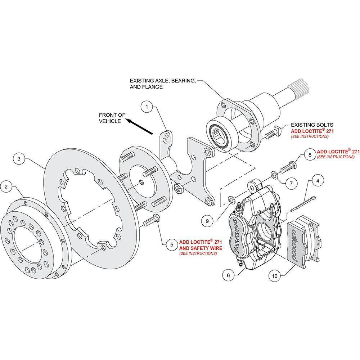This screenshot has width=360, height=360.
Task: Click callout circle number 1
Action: click(147, 107)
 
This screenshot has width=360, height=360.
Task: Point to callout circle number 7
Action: click(291, 183)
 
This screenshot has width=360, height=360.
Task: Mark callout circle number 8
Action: click(309, 155)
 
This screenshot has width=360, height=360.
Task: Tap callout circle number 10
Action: click(275, 276)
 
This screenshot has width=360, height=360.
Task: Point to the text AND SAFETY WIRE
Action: click(201, 248)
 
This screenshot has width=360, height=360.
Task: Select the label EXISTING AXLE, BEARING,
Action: click(163, 81)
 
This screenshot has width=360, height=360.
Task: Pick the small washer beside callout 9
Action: click(230, 199)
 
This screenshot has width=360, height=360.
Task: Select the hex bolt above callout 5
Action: click(153, 221)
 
